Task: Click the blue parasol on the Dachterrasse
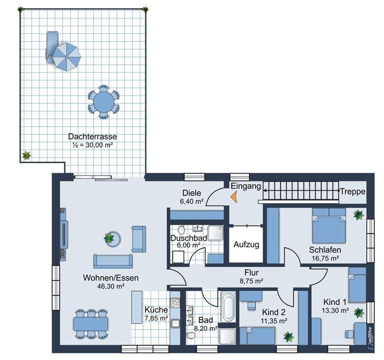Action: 67,57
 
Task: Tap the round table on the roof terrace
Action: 104,101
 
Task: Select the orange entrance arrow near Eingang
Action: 234,197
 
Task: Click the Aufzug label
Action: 246,245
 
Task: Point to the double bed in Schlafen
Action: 329,226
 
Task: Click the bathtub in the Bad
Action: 228,306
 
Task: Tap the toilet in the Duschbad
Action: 181,230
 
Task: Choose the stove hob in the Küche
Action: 175,303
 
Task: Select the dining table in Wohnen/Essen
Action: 90,324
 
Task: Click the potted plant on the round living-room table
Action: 109,237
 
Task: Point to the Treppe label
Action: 353,191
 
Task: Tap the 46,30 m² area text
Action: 111,286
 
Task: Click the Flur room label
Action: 251,272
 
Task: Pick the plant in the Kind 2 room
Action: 289,337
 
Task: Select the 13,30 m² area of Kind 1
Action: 335,311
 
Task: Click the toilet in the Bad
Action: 190,335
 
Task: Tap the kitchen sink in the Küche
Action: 175,324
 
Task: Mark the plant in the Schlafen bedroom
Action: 359,215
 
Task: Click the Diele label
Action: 192,193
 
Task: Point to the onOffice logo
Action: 369,337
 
